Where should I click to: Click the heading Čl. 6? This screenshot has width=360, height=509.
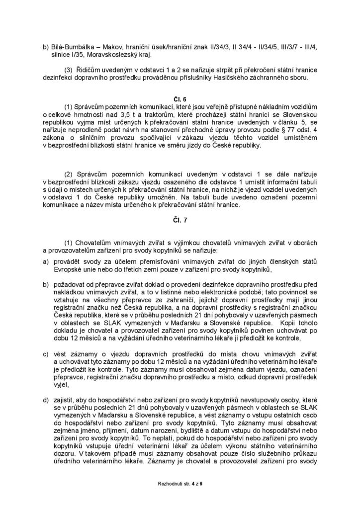tap(180, 99)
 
